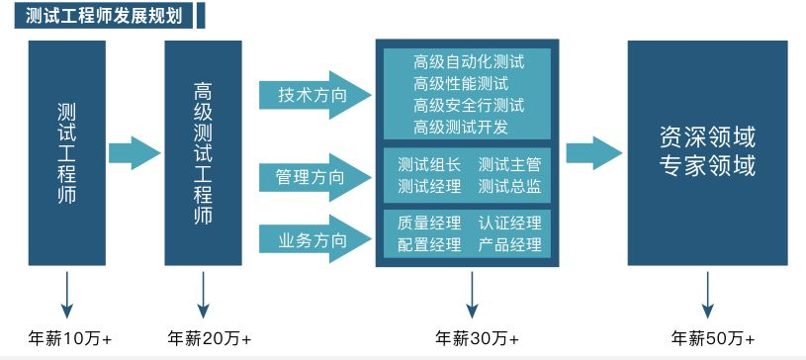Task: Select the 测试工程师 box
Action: click(67, 152)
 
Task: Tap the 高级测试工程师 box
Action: click(203, 152)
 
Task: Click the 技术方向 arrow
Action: click(313, 96)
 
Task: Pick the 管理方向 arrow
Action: click(313, 178)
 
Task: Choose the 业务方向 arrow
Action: click(313, 240)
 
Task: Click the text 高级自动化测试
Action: click(469, 61)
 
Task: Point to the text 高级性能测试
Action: click(461, 83)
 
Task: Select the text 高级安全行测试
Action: click(469, 105)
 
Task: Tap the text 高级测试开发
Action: click(461, 127)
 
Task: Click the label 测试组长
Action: click(429, 165)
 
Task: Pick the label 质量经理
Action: click(429, 224)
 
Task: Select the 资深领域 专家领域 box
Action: click(707, 152)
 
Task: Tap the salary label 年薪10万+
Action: click(68, 338)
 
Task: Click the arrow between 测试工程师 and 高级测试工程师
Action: click(134, 152)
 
